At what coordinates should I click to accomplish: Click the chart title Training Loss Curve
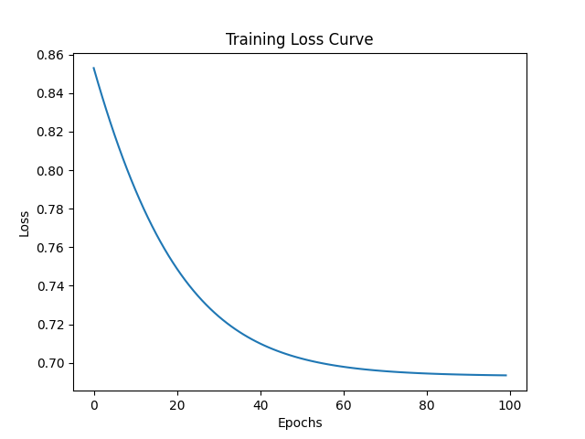coord(299,40)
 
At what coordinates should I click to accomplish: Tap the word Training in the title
coord(255,40)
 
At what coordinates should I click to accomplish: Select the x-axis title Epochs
coord(299,423)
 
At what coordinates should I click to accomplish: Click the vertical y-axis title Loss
coord(25,223)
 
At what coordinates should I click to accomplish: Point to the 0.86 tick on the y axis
coord(51,55)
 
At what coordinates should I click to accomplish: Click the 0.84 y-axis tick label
coord(51,93)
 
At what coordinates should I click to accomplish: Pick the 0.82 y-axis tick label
coord(51,132)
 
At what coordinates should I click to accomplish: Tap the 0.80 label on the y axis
coord(51,171)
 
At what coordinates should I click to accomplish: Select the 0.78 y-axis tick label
coord(51,209)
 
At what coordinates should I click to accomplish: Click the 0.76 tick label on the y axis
coord(51,248)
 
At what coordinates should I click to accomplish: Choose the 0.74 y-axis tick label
coord(51,286)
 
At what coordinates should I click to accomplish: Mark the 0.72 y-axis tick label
coord(51,325)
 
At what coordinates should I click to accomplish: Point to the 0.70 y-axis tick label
coord(51,363)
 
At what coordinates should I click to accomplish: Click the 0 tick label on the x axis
coord(94,405)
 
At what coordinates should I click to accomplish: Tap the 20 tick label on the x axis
coord(177,405)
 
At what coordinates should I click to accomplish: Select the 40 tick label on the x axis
coord(261,405)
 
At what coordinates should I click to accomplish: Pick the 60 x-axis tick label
coord(344,405)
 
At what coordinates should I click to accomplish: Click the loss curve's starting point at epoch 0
coord(94,68)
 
